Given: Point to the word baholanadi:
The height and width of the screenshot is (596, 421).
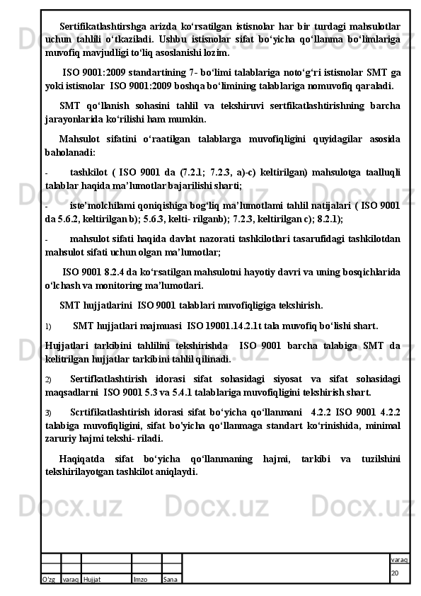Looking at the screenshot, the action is click(69, 151).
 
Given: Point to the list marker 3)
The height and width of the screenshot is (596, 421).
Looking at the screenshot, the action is click(47, 412).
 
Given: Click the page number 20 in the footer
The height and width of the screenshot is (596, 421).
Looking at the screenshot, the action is click(396, 572).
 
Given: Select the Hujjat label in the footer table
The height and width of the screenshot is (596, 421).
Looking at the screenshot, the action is click(92, 579).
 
